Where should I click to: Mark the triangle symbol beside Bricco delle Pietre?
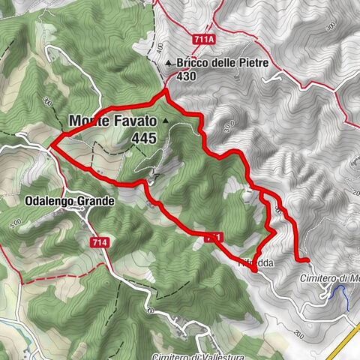coord(169,64)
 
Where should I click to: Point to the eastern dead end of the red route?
coord(307,260)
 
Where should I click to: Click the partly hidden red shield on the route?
coord(213,237)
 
